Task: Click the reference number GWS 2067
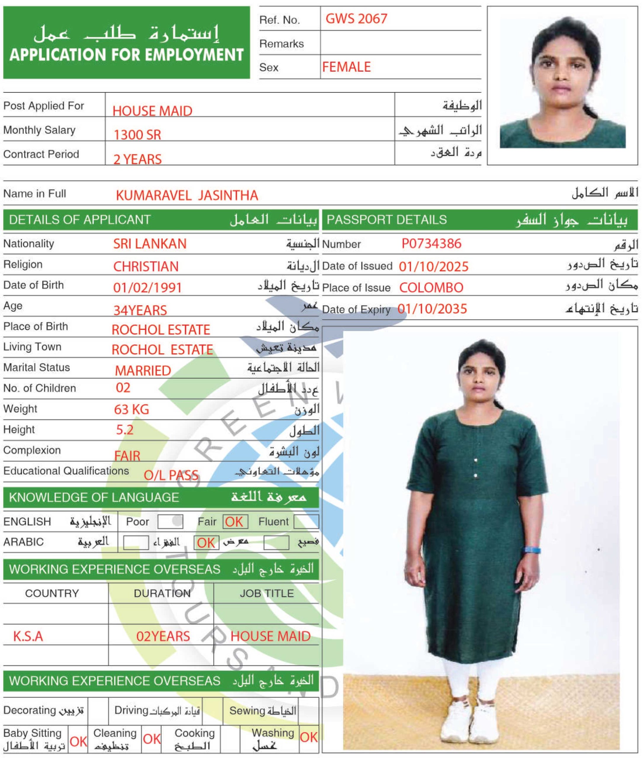(356, 19)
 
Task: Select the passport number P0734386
(431, 243)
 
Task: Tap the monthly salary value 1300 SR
(137, 135)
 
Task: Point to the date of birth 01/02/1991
(147, 288)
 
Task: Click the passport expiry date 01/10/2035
(432, 309)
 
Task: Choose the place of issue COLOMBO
(431, 288)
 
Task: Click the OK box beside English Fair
(235, 522)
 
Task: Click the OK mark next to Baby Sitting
(78, 741)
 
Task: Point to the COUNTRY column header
(52, 593)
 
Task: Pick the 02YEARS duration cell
(163, 636)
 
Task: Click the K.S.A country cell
(28, 636)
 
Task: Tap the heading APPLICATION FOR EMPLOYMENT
(126, 55)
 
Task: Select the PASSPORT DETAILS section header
(386, 220)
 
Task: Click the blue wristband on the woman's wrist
(532, 550)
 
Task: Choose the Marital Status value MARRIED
(143, 370)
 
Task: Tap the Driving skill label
(131, 710)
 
